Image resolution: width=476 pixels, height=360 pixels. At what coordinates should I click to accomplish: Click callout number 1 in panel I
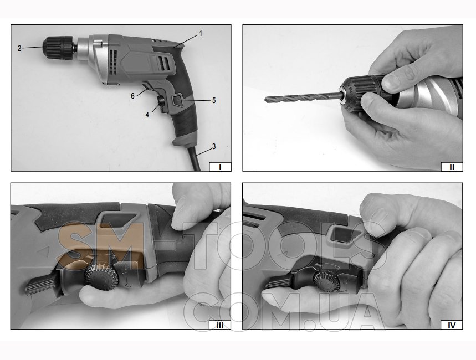[x=201, y=34]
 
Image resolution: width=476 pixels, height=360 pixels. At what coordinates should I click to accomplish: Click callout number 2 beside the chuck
[x=19, y=48]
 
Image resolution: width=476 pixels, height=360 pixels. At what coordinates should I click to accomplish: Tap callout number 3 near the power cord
[x=214, y=146]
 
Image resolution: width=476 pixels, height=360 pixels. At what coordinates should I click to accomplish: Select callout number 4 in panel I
[x=147, y=115]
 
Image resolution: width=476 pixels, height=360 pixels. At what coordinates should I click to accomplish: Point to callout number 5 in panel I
[x=214, y=100]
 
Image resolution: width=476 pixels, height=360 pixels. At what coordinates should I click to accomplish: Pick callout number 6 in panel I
[x=132, y=96]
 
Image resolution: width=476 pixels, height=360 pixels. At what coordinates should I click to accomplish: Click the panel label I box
[x=220, y=167]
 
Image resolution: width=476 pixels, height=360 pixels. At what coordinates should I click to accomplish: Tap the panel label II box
[x=452, y=167]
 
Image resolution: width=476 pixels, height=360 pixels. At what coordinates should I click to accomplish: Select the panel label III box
[x=220, y=325]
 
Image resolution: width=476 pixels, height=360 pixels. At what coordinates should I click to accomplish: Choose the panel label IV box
[x=452, y=325]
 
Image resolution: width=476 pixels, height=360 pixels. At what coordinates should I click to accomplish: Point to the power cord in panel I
[x=195, y=158]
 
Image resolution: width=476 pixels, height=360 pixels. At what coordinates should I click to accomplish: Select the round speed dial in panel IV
[x=326, y=282]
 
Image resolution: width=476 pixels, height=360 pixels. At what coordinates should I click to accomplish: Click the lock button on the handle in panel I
[x=161, y=101]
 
